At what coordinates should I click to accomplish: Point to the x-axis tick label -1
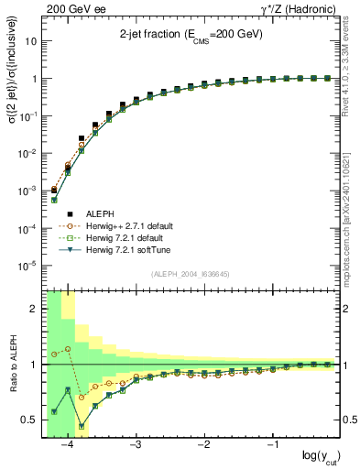pyautogui.click(x=272, y=445)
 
